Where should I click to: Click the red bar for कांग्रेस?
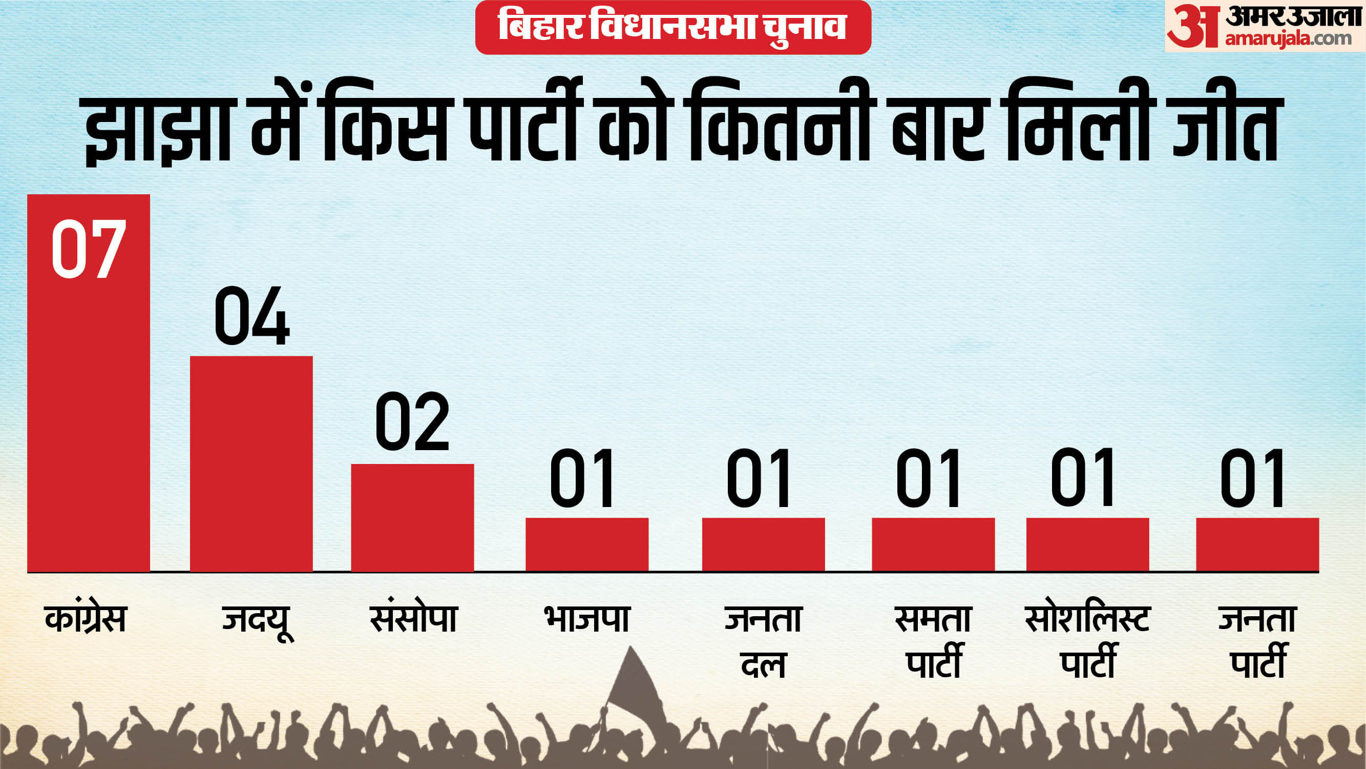pos(89,424)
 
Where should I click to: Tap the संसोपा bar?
pos(412,517)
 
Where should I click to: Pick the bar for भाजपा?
pos(587,544)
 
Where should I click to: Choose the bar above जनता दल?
pos(763,544)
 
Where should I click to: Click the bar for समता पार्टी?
pos(933,544)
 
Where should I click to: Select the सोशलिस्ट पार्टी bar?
pos(1087,544)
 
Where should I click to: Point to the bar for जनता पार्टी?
pos(1257,544)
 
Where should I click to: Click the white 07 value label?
pos(89,250)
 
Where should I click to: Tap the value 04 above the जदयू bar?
pos(251,316)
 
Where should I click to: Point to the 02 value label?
pos(412,422)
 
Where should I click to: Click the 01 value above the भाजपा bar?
pos(582,478)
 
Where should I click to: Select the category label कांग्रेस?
pos(86,618)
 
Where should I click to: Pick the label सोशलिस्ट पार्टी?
pos(1087,641)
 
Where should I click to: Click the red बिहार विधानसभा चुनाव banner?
pos(673,27)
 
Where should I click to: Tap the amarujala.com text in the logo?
pos(1288,38)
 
